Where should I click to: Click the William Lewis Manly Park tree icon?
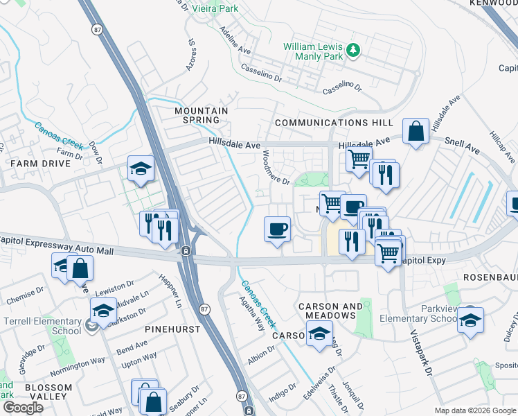point(353,49)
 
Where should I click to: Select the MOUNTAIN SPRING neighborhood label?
point(202,116)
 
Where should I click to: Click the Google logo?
point(23,408)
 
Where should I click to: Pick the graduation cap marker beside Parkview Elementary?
point(470,320)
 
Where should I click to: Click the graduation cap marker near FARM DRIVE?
point(141,168)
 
